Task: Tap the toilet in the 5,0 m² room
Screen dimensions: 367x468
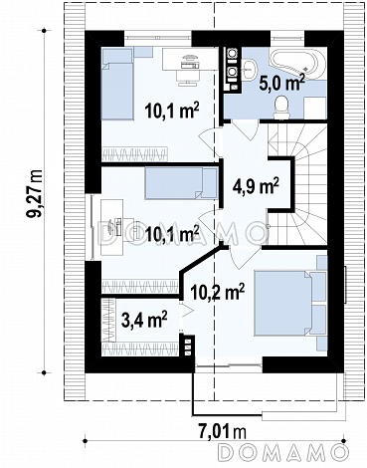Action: pyautogui.click(x=282, y=107)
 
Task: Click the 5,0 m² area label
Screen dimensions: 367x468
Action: pyautogui.click(x=281, y=82)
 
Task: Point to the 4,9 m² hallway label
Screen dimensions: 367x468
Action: pyautogui.click(x=255, y=186)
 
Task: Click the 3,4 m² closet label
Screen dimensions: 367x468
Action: pyautogui.click(x=144, y=320)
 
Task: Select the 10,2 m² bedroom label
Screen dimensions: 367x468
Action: pyautogui.click(x=218, y=291)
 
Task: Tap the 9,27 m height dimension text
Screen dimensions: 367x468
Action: pyautogui.click(x=35, y=193)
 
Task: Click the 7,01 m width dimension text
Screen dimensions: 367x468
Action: pyautogui.click(x=223, y=432)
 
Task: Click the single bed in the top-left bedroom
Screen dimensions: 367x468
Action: pyautogui.click(x=117, y=84)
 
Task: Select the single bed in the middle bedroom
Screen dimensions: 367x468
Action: pyautogui.click(x=181, y=183)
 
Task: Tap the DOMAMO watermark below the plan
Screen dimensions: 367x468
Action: pyautogui.click(x=282, y=451)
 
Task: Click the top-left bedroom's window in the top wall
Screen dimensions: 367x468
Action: pyautogui.click(x=158, y=35)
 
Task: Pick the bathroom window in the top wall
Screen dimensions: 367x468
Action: pyautogui.click(x=287, y=35)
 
